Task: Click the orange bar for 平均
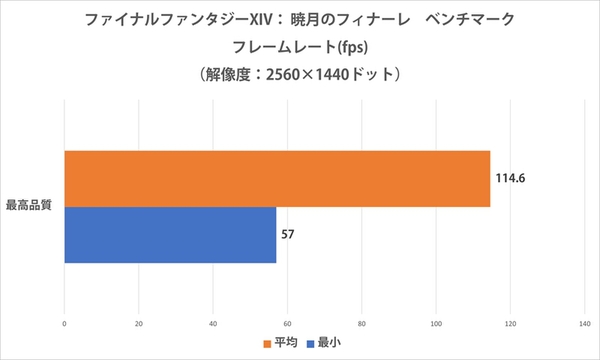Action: (x=277, y=179)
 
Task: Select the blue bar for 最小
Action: (x=170, y=235)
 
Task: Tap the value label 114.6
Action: (x=510, y=179)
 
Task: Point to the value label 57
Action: (x=288, y=235)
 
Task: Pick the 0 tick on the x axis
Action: (x=65, y=323)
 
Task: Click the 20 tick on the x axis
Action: (x=138, y=323)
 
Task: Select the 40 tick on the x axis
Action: (x=213, y=323)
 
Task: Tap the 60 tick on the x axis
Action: (x=287, y=323)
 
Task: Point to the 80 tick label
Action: (x=361, y=323)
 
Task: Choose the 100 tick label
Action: (x=435, y=323)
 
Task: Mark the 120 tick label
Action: (x=510, y=323)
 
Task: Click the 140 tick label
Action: (x=584, y=323)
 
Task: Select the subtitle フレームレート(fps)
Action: (x=300, y=46)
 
